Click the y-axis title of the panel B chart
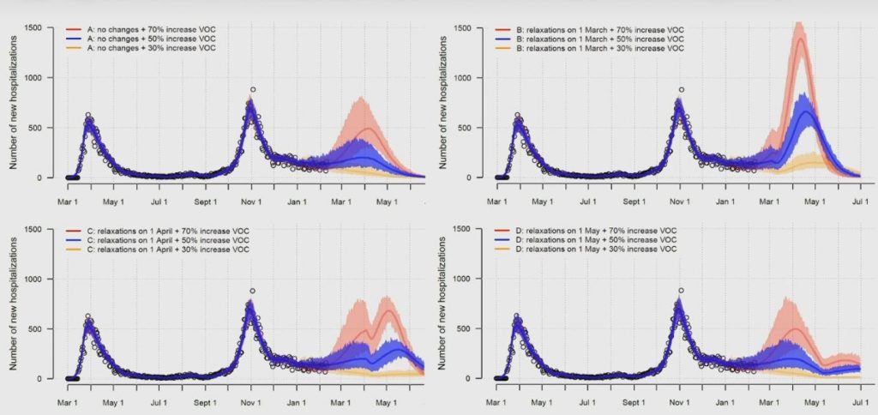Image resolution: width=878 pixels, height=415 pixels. (444, 104)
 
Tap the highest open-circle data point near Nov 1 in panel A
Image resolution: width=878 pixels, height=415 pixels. (253, 89)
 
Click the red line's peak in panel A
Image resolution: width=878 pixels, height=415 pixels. (370, 129)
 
